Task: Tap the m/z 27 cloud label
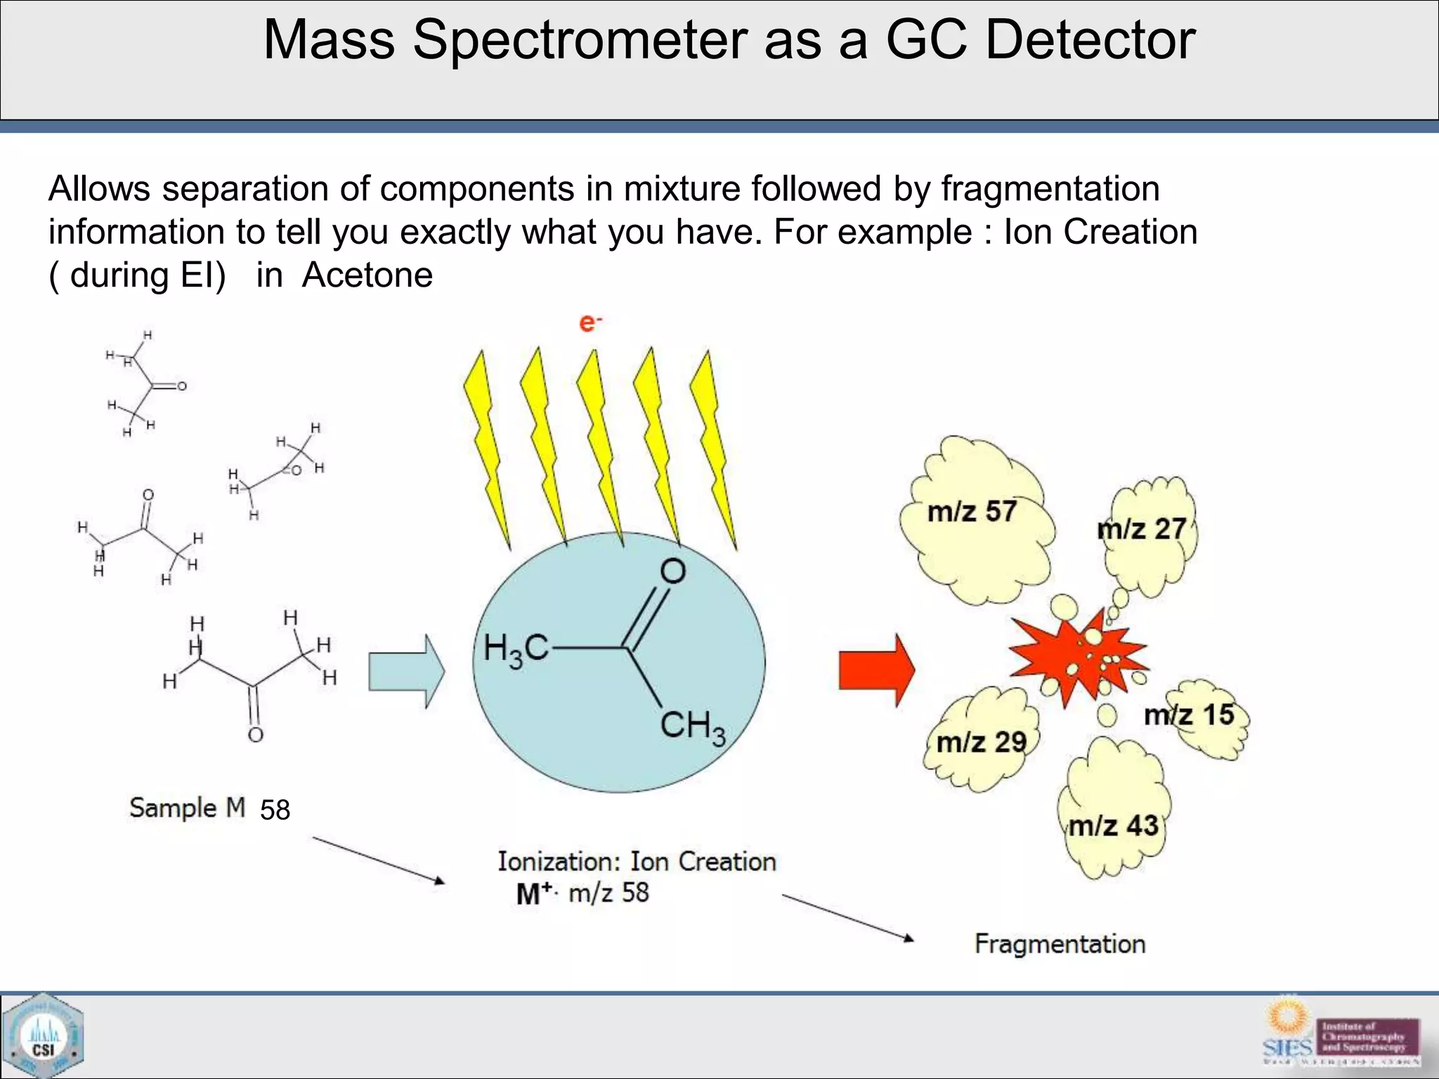tap(1142, 530)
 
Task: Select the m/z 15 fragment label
tap(1190, 715)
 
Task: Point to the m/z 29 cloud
tap(982, 742)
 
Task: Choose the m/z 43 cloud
tap(1114, 825)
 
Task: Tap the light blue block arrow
tap(406, 672)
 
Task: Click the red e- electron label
tap(590, 323)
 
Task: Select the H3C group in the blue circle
tap(515, 649)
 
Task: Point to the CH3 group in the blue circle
tap(692, 726)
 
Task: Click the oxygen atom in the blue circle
tap(672, 572)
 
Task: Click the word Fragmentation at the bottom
tap(1060, 944)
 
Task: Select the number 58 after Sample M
tap(275, 811)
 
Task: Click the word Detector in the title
tap(1090, 40)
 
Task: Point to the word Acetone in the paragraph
tap(367, 275)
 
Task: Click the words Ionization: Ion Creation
tap(637, 862)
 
